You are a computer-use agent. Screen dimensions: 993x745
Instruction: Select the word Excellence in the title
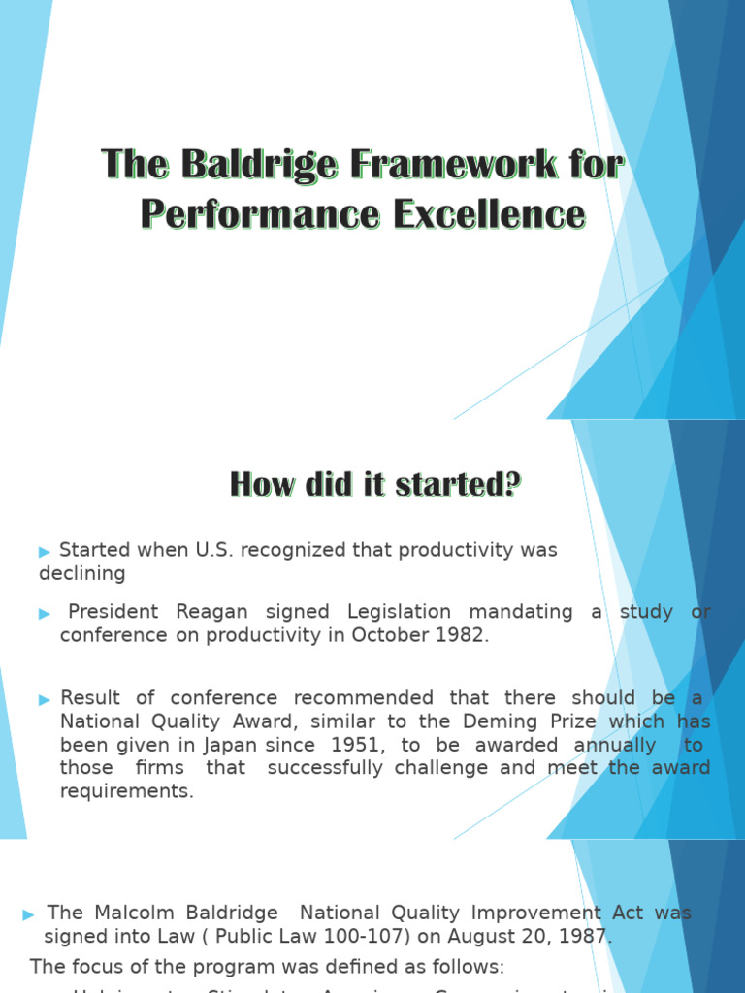coord(489,213)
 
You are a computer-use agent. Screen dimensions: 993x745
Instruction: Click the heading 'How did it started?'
coord(375,483)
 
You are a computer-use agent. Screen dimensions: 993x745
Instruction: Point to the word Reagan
coord(211,612)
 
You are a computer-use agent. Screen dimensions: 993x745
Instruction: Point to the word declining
coord(82,573)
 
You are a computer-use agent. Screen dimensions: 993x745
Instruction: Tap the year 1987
coord(585,937)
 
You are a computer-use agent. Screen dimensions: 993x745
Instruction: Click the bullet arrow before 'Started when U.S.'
coord(45,551)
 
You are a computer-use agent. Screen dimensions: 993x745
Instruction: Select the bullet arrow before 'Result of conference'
coord(45,699)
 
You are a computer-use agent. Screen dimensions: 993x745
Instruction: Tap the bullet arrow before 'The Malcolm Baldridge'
coord(28,913)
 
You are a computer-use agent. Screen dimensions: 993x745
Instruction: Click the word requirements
coord(126,791)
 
